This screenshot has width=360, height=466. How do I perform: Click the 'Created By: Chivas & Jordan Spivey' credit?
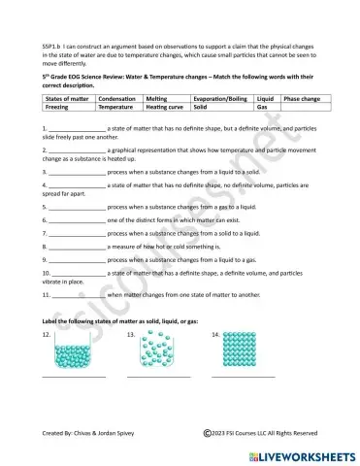click(x=95, y=432)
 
